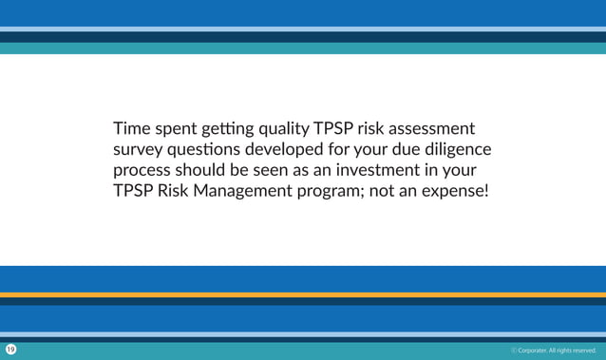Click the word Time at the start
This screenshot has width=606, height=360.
131,128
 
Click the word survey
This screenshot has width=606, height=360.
139,151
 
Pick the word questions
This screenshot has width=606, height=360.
204,150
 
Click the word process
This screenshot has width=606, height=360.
142,172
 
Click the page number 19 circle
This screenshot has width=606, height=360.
10,350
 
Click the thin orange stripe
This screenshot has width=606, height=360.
303,294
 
